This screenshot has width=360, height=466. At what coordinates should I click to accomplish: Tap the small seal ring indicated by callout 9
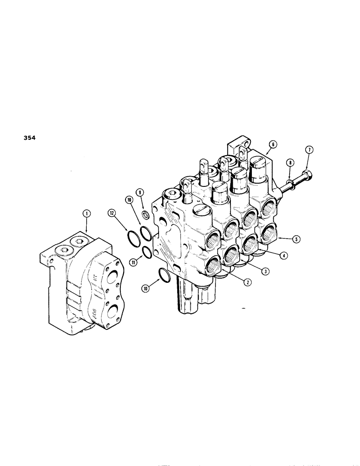pos(145,214)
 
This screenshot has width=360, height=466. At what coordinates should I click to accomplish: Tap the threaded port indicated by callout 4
pos(250,242)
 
